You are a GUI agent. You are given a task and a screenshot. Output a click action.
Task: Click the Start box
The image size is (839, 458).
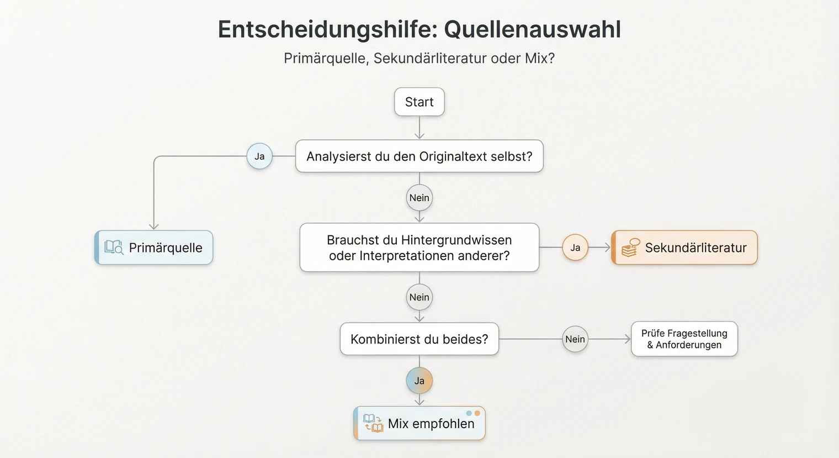point(419,102)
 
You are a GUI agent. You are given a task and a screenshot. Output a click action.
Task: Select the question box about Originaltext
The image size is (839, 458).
point(419,156)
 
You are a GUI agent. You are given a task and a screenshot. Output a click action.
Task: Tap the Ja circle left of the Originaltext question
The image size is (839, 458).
point(259,156)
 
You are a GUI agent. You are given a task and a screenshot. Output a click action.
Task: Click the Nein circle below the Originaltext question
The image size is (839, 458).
point(419,198)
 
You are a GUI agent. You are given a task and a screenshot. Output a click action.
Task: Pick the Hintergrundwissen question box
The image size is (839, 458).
point(419,248)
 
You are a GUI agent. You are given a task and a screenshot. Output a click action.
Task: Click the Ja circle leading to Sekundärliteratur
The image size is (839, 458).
point(575,248)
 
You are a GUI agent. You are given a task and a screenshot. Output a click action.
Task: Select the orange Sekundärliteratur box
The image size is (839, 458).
point(684,248)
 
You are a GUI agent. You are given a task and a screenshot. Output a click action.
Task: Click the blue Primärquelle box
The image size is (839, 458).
point(154,248)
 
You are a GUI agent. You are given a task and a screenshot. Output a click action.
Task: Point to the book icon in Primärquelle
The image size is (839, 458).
point(114,247)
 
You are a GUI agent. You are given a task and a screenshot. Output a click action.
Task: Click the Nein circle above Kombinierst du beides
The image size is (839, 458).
point(419,297)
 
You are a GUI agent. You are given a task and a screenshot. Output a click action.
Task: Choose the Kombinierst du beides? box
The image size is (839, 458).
point(419,339)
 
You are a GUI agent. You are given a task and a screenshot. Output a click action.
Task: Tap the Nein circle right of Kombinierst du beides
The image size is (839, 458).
point(575,339)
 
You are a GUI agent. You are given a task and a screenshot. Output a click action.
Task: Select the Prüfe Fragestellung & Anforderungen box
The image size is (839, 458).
point(684,339)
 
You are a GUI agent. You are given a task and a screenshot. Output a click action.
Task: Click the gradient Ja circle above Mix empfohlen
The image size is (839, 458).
point(419,381)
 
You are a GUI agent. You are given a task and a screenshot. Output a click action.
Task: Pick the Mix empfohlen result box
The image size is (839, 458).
point(419,424)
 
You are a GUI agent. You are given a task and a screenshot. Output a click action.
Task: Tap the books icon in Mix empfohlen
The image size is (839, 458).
point(373,423)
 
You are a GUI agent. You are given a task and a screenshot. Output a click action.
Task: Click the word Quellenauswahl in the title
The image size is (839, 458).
point(533,29)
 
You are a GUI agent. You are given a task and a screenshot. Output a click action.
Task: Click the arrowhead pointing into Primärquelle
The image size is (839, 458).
point(154,226)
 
